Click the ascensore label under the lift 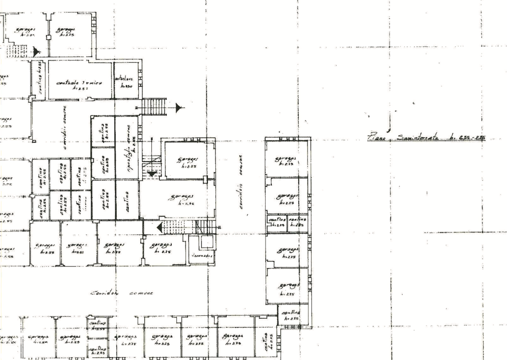click(203, 256)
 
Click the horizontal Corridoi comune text click(122, 293)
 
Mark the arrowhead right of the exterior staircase click(179, 107)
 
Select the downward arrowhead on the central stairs click(152, 173)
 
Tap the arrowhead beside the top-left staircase click(36, 51)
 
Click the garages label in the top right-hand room click(286, 160)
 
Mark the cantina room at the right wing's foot click(291, 315)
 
